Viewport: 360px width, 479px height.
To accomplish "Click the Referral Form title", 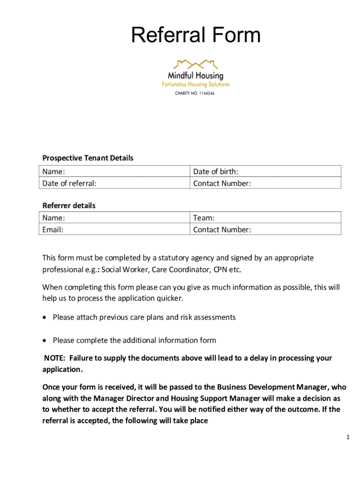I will pos(195,36).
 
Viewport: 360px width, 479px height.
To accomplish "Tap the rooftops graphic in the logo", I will pos(195,64).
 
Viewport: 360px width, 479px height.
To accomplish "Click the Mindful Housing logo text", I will pos(195,75).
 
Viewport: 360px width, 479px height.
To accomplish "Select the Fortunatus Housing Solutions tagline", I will pos(195,85).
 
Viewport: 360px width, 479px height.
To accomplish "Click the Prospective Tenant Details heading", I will pos(88,158).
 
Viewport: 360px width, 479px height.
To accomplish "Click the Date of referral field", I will pos(115,183).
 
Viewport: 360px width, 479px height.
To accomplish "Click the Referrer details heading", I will pos(69,205).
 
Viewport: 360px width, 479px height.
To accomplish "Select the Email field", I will pos(115,230).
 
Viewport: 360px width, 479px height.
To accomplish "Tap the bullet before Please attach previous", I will pos(45,318).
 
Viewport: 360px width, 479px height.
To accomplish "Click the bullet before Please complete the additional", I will pos(45,341).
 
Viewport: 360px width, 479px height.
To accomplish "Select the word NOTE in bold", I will pos(55,358).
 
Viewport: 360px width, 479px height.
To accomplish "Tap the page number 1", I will pos(348,437).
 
